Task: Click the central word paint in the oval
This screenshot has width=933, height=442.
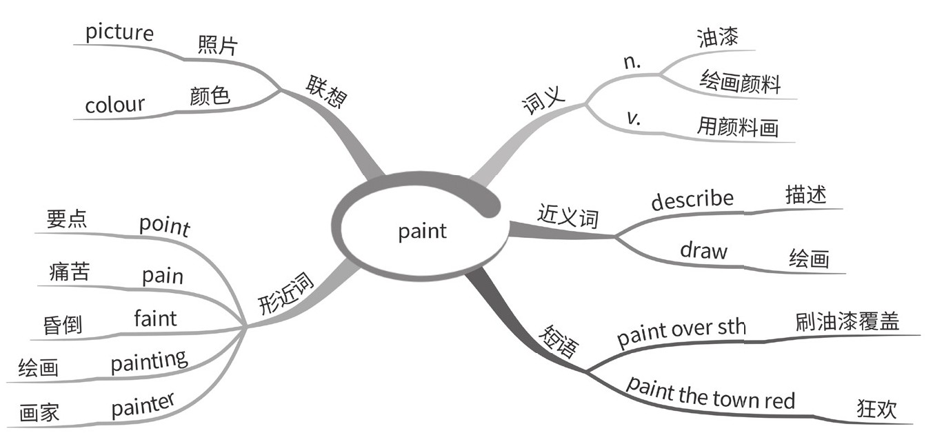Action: [422, 231]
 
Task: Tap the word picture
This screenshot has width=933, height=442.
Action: [119, 32]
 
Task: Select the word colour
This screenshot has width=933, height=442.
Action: [114, 106]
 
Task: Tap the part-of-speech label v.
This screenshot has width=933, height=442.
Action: [634, 118]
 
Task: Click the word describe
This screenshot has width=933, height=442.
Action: [692, 200]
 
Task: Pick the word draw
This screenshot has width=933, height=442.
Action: [703, 250]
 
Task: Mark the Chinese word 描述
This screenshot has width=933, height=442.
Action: [805, 196]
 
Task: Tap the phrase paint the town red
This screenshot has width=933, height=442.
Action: [710, 394]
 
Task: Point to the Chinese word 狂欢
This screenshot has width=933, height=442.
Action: [876, 410]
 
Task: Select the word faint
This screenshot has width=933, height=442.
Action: [155, 319]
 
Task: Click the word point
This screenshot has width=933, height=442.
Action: [164, 225]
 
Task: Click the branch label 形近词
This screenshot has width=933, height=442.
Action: [286, 294]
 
